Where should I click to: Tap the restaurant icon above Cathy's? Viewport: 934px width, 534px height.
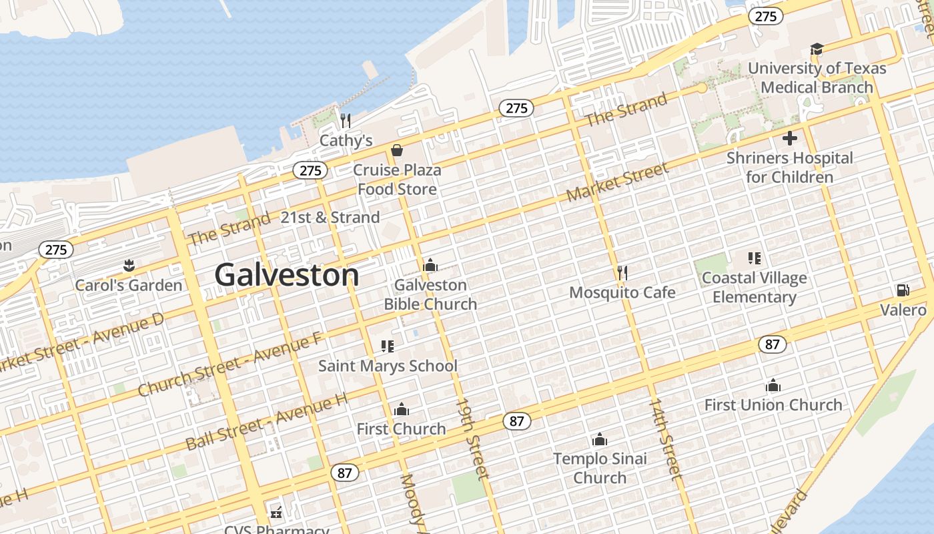tap(346, 121)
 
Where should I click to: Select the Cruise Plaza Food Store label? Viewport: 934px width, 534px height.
tap(397, 180)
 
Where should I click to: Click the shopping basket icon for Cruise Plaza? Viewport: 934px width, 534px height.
tap(397, 150)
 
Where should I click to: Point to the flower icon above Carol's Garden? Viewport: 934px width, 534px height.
tap(128, 266)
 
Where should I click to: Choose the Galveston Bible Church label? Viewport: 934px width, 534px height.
tap(430, 294)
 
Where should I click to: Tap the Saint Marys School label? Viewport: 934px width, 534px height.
tap(388, 366)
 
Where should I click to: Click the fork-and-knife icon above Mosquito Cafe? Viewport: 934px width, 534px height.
tap(622, 272)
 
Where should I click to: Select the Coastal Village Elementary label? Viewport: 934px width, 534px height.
tap(755, 288)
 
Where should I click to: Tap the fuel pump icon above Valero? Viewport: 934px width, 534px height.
tap(903, 290)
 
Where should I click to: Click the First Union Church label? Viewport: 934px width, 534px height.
tap(773, 405)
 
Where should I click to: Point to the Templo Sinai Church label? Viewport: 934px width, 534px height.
tap(600, 468)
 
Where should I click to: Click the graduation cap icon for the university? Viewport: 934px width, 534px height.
tap(817, 49)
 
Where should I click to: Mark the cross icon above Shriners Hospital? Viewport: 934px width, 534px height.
tap(790, 138)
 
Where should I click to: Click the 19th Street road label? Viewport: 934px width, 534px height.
tap(473, 439)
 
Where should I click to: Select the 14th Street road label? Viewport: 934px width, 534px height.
tap(666, 439)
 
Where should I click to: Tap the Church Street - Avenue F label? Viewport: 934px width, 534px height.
tap(230, 365)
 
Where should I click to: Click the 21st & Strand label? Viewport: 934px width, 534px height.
tap(330, 217)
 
